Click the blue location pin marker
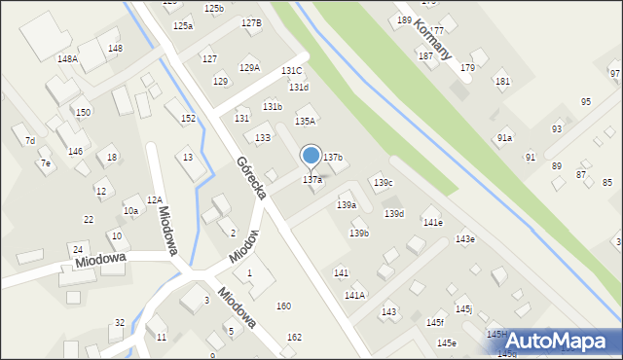coord(311,156)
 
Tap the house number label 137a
coord(312,180)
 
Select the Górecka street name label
coord(251,178)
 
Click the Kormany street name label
coord(430,38)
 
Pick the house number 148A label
coord(67,59)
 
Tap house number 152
coord(188,119)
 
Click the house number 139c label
coord(384,183)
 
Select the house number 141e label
coord(432,223)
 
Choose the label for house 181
coord(502,82)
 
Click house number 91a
coord(504,138)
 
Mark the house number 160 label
coord(283,306)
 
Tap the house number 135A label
coord(306,122)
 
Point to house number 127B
coord(251,22)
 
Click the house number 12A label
coord(154,199)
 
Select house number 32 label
coord(120,323)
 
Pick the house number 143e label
coord(465,239)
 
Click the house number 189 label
coord(404,20)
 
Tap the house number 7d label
coord(30,141)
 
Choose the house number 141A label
coord(354,295)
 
